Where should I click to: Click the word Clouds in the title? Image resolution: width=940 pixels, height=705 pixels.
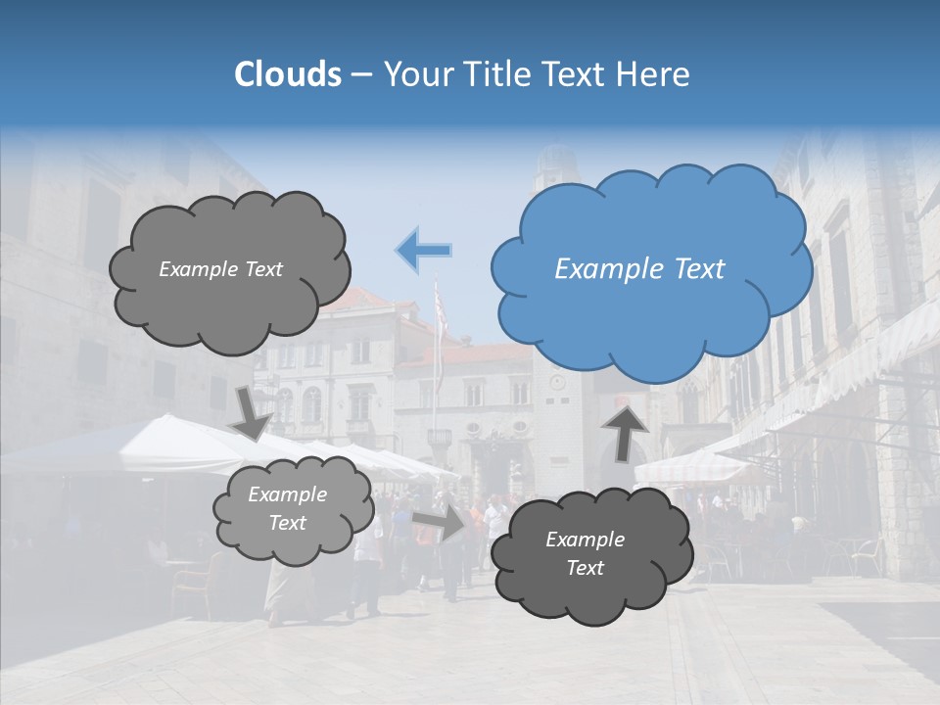[x=288, y=74]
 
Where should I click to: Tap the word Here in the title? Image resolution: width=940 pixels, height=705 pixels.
[x=655, y=74]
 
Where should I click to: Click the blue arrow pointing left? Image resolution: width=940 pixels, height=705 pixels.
[x=424, y=250]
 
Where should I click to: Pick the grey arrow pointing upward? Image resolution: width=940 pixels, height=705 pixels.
[x=627, y=431]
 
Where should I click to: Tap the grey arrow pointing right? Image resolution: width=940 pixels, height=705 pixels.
[x=440, y=521]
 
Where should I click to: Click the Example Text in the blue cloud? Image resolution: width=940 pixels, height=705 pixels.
[x=639, y=269]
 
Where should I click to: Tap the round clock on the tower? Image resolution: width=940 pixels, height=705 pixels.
[x=556, y=382]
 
